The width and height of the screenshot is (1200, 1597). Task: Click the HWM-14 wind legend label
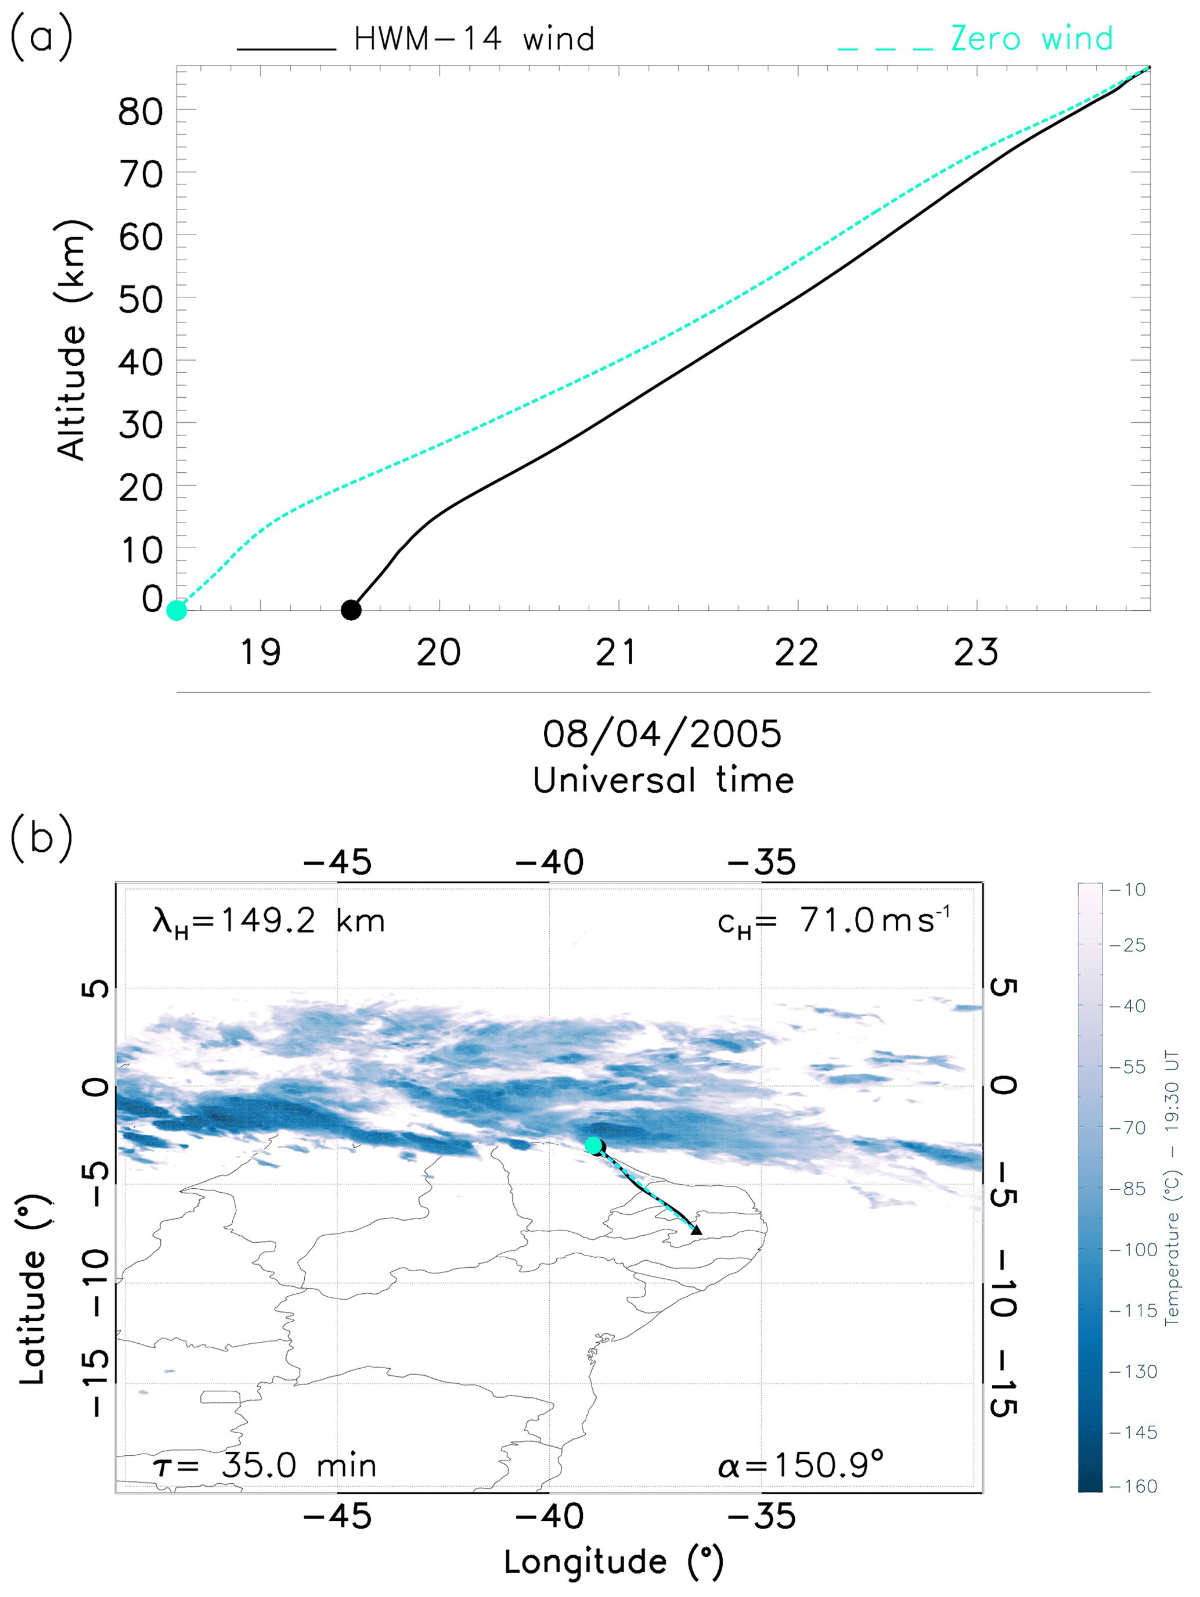coord(474,39)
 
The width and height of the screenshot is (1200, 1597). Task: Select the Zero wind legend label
coord(1031,39)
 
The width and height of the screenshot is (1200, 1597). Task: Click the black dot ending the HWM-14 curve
coord(351,610)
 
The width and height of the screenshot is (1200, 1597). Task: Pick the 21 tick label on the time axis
coord(616,653)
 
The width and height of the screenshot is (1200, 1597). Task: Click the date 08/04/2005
coord(662,734)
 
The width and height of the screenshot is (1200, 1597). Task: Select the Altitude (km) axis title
coord(71,339)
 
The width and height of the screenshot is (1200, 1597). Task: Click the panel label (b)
coord(41,838)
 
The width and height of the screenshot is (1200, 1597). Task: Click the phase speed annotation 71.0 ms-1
coord(834,921)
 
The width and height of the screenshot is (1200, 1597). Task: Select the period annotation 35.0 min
coord(264,1466)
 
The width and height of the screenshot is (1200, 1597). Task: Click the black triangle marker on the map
coord(696,1229)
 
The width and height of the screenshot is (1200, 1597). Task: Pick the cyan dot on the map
coord(592,1145)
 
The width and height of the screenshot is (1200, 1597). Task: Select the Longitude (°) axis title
coord(613,1562)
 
